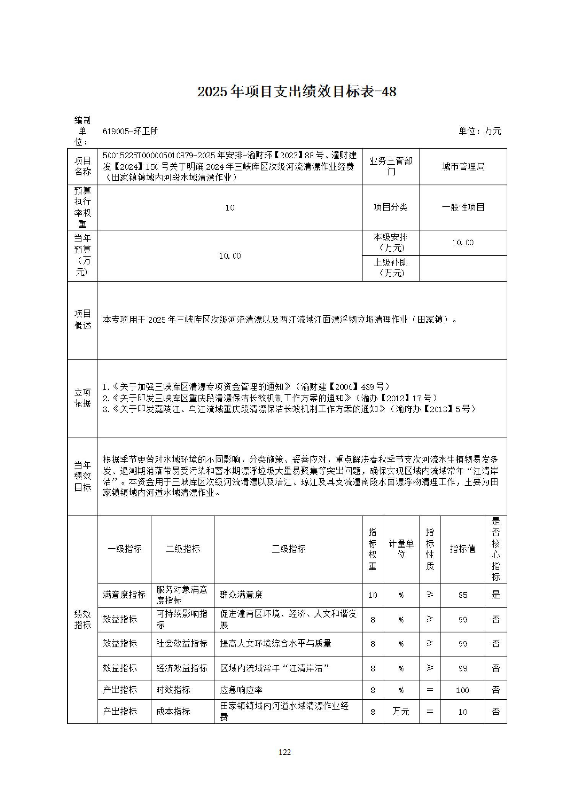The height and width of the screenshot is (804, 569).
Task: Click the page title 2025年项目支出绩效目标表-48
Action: point(297,92)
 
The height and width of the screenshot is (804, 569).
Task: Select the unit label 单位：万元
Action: point(480,131)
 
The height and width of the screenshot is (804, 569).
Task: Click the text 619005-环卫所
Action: point(130,131)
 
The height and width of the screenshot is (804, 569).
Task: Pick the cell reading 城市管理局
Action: point(463,167)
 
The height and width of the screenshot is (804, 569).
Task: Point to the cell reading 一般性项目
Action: point(463,207)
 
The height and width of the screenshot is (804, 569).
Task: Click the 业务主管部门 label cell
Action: point(390,167)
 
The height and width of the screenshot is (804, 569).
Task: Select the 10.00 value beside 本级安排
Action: point(463,243)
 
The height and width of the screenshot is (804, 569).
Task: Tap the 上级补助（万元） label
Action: point(390,267)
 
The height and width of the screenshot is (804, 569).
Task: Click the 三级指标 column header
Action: point(288,549)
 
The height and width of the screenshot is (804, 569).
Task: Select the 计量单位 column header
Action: point(401,549)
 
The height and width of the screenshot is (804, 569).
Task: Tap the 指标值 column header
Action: point(462,549)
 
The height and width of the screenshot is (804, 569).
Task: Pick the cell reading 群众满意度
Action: point(241,595)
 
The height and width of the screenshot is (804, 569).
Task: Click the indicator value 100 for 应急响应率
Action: point(463,690)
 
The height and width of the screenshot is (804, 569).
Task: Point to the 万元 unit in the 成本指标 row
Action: point(401,712)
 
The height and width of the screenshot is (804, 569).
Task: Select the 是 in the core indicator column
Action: point(496,595)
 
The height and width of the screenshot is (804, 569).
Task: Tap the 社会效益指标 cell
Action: point(182,644)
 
